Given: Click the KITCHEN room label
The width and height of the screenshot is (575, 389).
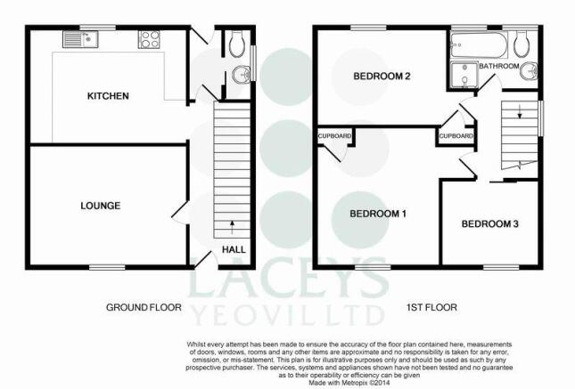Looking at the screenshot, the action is [x=108, y=96].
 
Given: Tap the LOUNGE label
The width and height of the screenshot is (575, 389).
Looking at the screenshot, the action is [x=100, y=206].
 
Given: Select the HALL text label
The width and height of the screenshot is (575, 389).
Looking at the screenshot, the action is [x=234, y=250].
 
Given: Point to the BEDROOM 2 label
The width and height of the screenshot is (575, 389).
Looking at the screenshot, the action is [x=382, y=77].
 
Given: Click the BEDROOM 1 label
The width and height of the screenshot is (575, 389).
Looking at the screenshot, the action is [x=378, y=214].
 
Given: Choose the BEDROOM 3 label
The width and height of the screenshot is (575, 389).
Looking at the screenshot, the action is [x=490, y=223].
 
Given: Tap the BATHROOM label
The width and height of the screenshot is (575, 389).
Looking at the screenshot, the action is [x=499, y=66].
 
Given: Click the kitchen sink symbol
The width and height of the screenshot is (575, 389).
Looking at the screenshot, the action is [x=80, y=39].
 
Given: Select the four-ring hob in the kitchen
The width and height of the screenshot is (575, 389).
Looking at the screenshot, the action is [x=149, y=39].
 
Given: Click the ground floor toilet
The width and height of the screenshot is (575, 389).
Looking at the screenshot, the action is [x=236, y=44].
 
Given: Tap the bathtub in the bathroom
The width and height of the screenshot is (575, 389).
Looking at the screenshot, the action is [x=479, y=45].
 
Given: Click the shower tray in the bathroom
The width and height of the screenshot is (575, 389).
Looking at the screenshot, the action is [x=464, y=76].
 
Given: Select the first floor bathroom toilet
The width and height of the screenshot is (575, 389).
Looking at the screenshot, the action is [x=522, y=44].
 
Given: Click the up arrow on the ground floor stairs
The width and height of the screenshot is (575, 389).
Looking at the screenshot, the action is [x=232, y=227].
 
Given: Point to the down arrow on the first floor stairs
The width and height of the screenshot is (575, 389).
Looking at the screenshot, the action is [x=519, y=111].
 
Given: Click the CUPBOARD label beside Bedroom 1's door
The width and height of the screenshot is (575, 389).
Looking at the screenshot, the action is [x=456, y=136].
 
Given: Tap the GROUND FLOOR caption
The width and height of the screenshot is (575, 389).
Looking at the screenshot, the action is [x=144, y=307].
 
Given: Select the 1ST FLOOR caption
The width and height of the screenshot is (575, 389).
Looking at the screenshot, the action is [x=431, y=307].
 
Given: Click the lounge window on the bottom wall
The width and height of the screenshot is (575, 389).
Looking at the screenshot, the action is [x=107, y=268].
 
